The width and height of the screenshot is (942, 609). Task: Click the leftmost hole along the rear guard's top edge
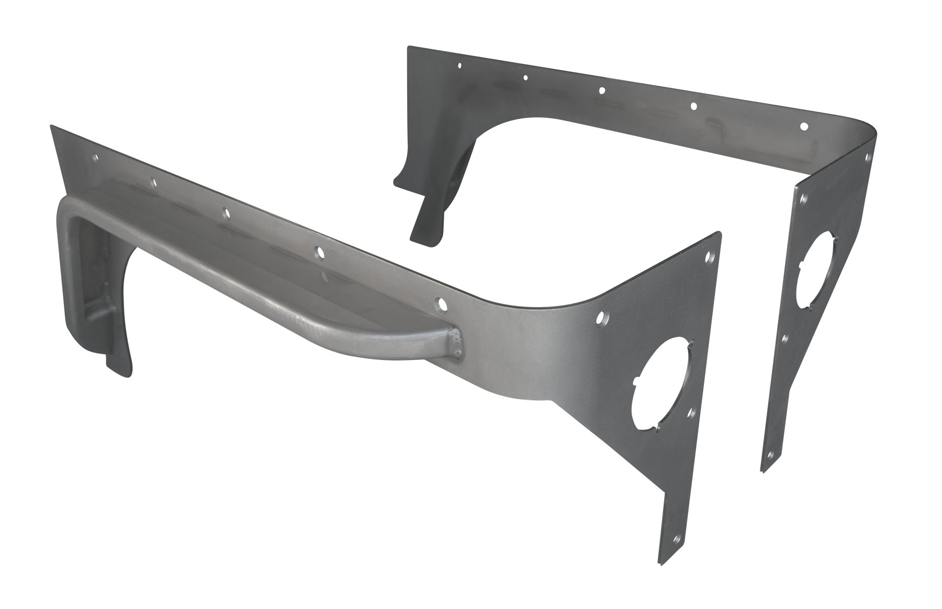click(459, 66)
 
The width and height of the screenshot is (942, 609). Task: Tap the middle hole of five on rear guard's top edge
click(602, 91)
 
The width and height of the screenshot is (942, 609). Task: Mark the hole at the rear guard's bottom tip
click(770, 455)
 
